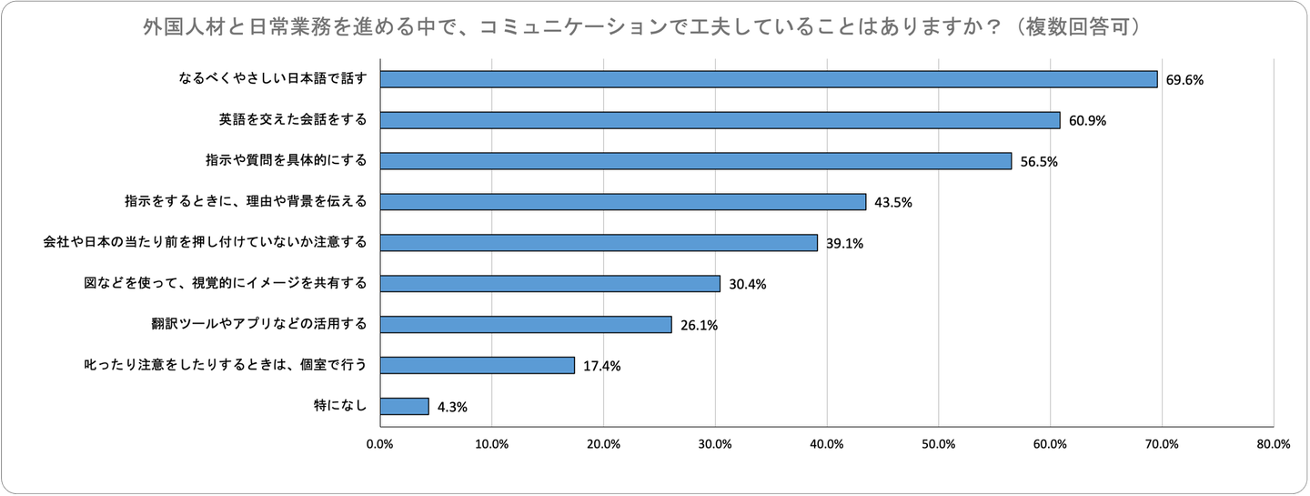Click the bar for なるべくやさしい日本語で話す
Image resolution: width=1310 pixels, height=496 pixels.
coord(768,79)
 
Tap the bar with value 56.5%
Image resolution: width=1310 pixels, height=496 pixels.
coord(695,161)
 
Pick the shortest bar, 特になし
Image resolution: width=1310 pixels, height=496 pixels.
coord(404,406)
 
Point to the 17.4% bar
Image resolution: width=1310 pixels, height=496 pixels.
coord(477,365)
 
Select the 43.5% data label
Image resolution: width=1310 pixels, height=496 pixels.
coord(892,202)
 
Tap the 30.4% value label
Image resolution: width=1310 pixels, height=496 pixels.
coord(748,284)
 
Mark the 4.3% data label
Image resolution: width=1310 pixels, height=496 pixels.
coord(452,407)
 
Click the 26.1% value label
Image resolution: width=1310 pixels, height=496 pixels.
coord(699,325)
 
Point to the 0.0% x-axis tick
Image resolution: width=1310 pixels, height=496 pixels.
coord(379,444)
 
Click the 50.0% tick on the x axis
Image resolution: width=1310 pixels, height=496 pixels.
coord(938,444)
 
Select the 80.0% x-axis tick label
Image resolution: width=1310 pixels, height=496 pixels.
coord(1273,444)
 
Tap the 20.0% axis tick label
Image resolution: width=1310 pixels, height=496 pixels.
coord(603,444)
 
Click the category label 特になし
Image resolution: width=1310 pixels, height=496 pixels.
coord(339,406)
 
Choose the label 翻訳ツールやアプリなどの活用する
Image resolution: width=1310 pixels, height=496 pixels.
coord(259,324)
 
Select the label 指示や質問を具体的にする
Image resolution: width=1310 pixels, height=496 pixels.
coord(286,161)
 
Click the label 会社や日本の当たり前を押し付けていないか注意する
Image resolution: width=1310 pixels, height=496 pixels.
coord(206,242)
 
